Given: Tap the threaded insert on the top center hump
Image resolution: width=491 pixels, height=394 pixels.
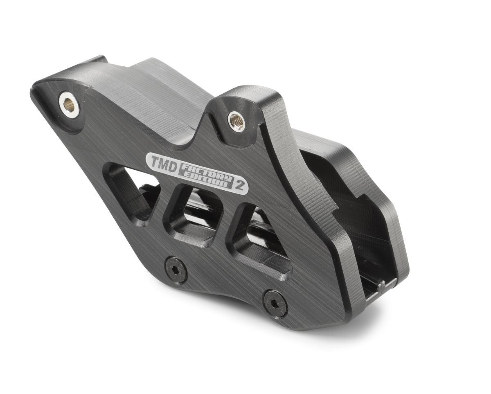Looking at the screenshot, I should (x=236, y=120).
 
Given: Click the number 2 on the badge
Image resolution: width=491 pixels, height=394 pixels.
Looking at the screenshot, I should (x=241, y=186).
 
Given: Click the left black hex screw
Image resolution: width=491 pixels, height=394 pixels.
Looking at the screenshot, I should (x=176, y=270).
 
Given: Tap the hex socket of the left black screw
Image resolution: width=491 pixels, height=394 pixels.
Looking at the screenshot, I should (x=176, y=270).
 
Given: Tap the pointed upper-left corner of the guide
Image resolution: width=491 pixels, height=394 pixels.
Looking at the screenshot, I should (x=35, y=88).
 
